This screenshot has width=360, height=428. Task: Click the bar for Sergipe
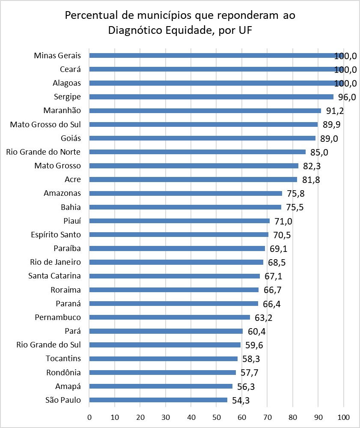pyautogui.click(x=211, y=97)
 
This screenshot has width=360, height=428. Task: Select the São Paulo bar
pyautogui.click(x=158, y=400)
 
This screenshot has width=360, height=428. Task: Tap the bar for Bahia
pyautogui.click(x=185, y=207)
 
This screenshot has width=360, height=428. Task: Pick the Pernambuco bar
pyautogui.click(x=170, y=317)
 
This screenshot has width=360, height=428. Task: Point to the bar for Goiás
pyautogui.click(x=202, y=138)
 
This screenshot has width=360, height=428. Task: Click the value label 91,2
pyautogui.click(x=335, y=111)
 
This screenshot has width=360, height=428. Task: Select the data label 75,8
pyautogui.click(x=296, y=194)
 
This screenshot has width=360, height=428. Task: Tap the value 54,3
pyautogui.click(x=241, y=401)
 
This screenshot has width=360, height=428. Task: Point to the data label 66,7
pyautogui.click(x=272, y=290)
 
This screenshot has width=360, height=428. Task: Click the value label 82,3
pyautogui.click(x=312, y=166)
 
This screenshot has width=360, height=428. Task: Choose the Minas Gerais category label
pyautogui.click(x=57, y=55)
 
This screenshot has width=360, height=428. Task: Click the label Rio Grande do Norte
pyautogui.click(x=43, y=152)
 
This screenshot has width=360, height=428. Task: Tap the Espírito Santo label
pyautogui.click(x=56, y=235)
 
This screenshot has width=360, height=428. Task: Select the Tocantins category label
pyautogui.click(x=63, y=359)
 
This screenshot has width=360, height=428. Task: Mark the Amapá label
pyautogui.click(x=68, y=386)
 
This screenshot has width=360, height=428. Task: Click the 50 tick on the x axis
pyautogui.click(x=217, y=417)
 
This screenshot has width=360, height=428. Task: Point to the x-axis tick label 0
pyautogui.click(x=89, y=417)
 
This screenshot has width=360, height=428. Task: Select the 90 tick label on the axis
pyautogui.click(x=318, y=417)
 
